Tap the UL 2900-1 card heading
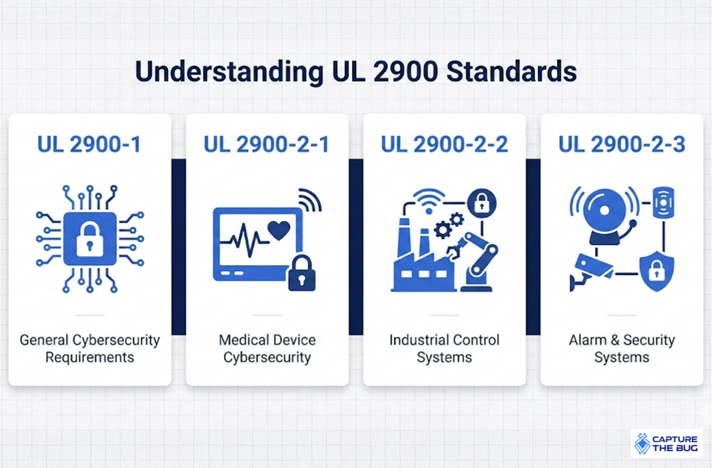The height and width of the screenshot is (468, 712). (x=89, y=145)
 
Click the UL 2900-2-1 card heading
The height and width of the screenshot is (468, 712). (x=266, y=145)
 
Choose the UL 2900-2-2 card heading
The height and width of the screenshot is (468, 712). (x=444, y=145)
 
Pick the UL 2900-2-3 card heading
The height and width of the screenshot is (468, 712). (x=622, y=145)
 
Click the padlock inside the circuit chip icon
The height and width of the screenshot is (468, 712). (x=90, y=238)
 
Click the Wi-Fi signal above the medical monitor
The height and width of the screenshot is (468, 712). (x=308, y=199)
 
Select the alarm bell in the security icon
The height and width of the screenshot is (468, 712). (x=605, y=214)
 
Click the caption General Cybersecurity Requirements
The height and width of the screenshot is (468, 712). (x=89, y=349)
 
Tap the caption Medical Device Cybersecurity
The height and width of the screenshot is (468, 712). (x=267, y=349)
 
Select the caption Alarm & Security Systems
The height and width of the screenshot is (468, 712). (x=622, y=349)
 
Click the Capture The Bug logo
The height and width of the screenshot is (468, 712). (x=666, y=444)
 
